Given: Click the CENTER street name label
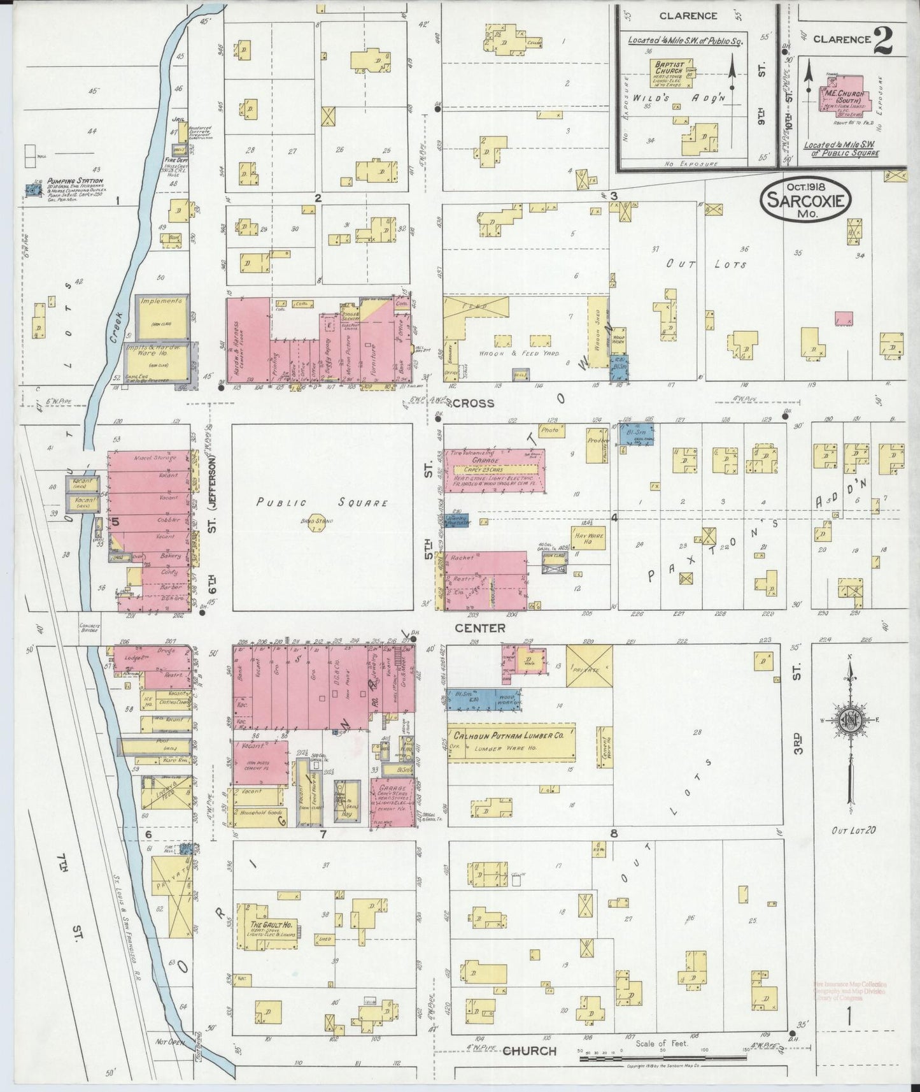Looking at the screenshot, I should (x=481, y=628).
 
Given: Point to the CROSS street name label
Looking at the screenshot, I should (x=473, y=403).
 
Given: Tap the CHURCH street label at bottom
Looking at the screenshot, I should (x=529, y=1051).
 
